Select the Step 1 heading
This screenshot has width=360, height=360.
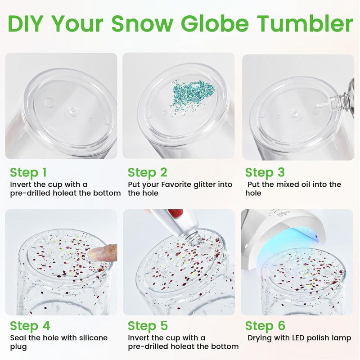[x=28, y=173]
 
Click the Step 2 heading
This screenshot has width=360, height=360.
[x=148, y=173]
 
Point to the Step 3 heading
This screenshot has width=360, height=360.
[x=265, y=173]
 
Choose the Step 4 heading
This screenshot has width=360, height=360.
[x=30, y=326]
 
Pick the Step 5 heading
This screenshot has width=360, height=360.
[x=148, y=326]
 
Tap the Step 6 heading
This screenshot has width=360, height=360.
[x=265, y=326]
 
